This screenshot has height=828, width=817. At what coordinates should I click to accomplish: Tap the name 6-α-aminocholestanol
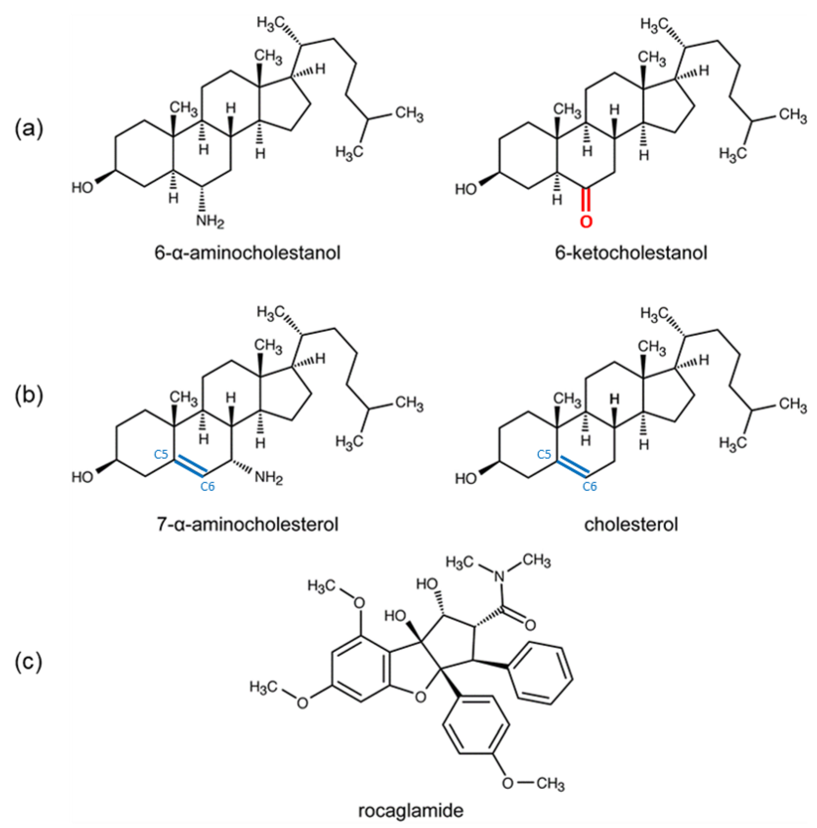click(x=248, y=253)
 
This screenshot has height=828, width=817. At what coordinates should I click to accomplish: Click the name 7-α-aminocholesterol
click(x=248, y=524)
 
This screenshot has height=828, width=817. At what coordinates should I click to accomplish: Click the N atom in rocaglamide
click(x=498, y=576)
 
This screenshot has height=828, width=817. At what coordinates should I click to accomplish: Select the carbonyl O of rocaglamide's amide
click(x=530, y=625)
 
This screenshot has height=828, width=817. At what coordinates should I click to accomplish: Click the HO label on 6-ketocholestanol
click(x=465, y=189)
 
